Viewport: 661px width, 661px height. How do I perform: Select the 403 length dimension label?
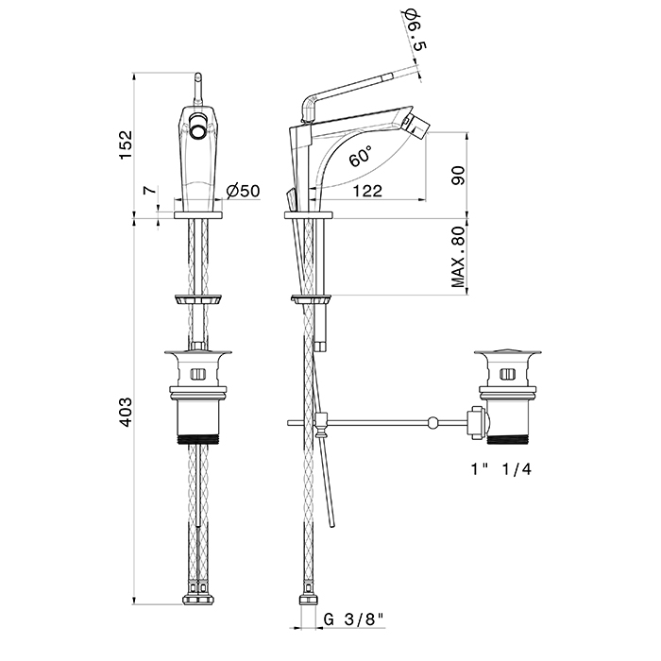(x=125, y=411)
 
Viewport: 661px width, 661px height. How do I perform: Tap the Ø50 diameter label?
(x=243, y=192)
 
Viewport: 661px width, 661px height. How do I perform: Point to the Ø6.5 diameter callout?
(x=413, y=31)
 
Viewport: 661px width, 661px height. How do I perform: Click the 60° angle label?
(x=360, y=156)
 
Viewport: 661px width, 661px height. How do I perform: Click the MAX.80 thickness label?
(x=460, y=255)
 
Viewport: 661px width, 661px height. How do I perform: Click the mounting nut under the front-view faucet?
(x=198, y=300)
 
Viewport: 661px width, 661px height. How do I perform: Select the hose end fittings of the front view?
(x=198, y=600)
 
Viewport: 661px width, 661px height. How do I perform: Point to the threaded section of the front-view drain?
(x=198, y=438)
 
